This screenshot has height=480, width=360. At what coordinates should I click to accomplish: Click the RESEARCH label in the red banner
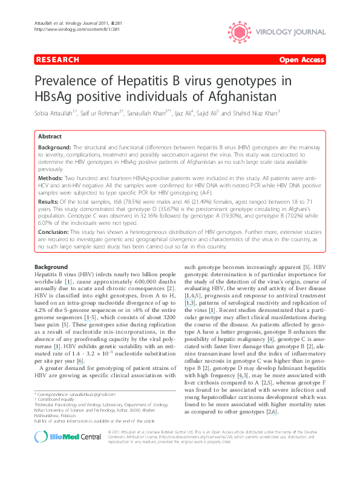coord(57,60)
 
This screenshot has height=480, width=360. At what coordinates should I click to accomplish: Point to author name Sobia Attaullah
coord(55,113)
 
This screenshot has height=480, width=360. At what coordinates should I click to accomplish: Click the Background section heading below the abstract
coord(51,267)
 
